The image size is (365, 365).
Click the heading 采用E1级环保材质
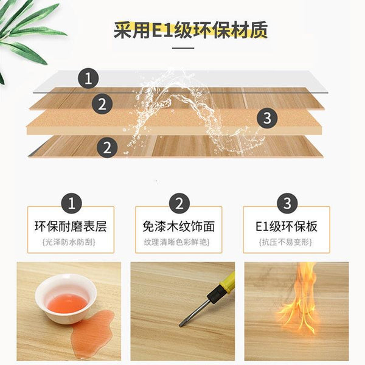190,30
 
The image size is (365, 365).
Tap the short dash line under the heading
183,48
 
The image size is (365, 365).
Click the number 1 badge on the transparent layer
88,78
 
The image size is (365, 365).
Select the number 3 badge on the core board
267,118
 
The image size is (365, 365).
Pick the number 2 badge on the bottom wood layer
107,147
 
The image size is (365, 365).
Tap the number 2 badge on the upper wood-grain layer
102,104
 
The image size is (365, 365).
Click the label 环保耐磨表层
71,226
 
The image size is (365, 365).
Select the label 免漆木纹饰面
178,226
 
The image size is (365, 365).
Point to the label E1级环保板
287,226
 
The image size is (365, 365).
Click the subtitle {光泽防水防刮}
69,242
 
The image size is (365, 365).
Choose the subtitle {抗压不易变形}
285,242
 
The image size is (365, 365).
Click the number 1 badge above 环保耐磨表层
71,203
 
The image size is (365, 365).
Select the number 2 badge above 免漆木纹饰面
179,203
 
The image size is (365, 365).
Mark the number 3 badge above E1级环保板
287,203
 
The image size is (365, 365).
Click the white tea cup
66,299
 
